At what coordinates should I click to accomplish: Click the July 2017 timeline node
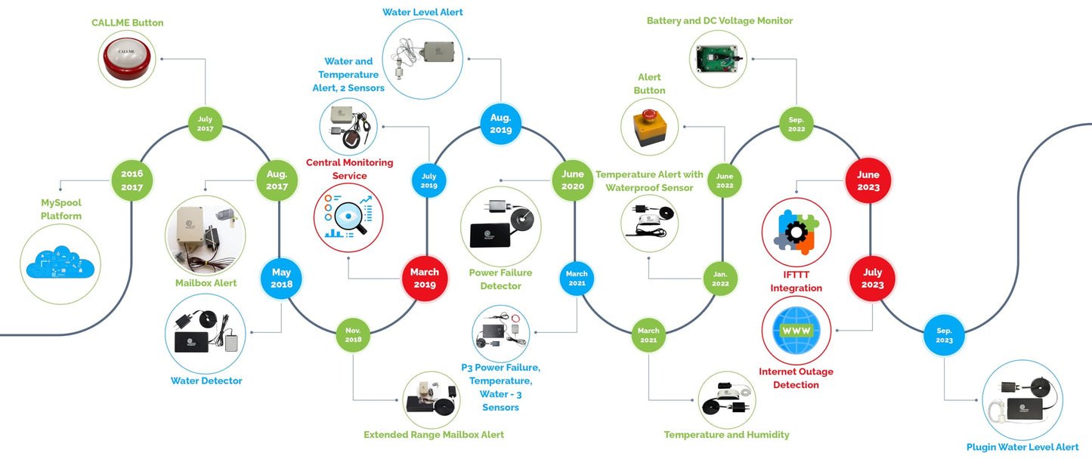tap(206, 124)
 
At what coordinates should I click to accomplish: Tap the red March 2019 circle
tap(424, 279)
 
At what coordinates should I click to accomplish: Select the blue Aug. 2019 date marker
tap(500, 124)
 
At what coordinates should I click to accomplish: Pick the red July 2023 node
tap(872, 279)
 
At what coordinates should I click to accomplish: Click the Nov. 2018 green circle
tap(353, 335)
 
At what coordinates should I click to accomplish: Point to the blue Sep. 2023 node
tap(944, 335)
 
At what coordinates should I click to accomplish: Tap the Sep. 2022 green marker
tap(796, 124)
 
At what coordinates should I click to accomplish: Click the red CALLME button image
tap(127, 60)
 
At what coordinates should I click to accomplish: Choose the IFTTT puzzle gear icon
tap(796, 233)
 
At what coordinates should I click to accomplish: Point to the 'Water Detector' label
tap(206, 381)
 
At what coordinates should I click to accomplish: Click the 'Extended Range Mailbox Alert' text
tap(434, 435)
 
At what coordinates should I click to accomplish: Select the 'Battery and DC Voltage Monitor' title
tap(719, 21)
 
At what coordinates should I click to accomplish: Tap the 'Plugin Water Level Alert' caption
tap(1022, 447)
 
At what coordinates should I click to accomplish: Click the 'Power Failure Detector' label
tap(500, 279)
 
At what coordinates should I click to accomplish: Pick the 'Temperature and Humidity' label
tap(726, 435)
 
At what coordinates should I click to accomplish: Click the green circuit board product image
tap(719, 60)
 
